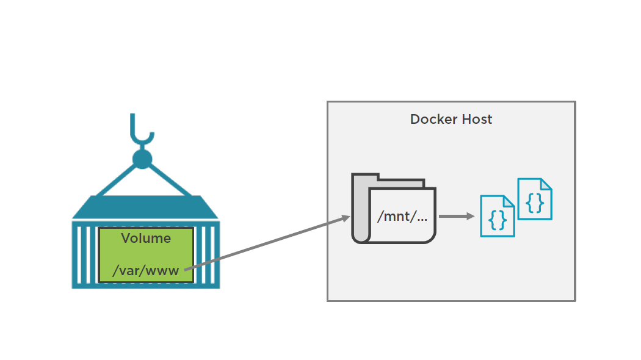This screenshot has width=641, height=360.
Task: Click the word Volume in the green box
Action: click(x=146, y=239)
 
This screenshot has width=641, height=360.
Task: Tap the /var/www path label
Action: click(x=146, y=270)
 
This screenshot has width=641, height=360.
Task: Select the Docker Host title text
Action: click(x=451, y=120)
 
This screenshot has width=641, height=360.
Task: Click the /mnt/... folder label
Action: click(x=402, y=217)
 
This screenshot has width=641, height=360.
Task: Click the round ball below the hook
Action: click(x=142, y=159)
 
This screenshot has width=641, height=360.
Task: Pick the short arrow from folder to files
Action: click(x=457, y=216)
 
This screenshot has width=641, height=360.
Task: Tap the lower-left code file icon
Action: click(x=497, y=216)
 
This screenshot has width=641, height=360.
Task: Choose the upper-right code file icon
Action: click(x=535, y=199)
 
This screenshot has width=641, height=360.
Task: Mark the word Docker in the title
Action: click(x=432, y=120)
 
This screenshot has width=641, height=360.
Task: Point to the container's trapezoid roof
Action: click(x=145, y=207)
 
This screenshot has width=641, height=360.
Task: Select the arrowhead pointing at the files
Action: click(x=471, y=216)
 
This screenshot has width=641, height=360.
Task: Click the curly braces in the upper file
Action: click(x=535, y=203)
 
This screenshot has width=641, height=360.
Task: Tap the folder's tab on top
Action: click(x=400, y=181)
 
